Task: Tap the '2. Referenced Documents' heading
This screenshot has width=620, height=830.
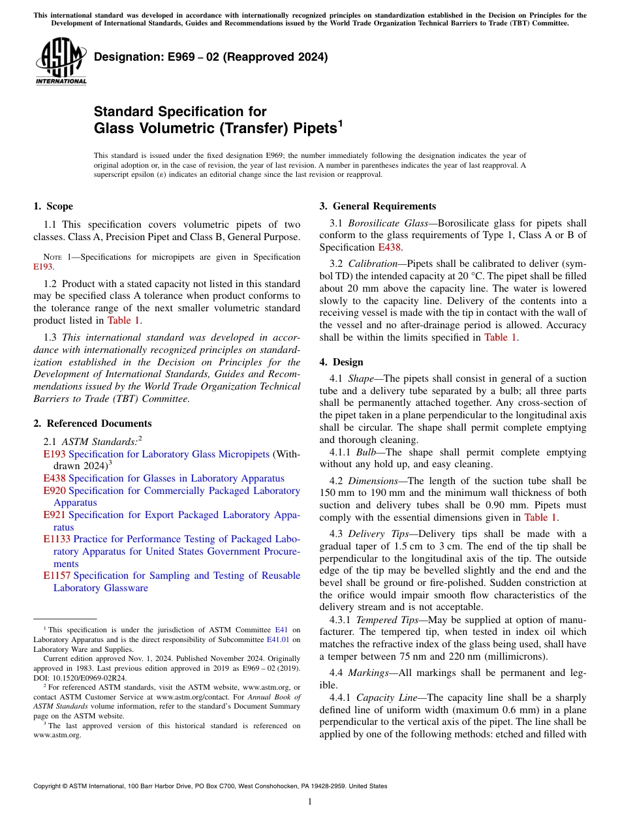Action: coord(93,423)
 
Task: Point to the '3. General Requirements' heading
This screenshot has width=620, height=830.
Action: coord(377,206)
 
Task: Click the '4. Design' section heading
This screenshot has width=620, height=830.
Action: coord(341,362)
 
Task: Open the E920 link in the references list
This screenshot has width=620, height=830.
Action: coord(54,491)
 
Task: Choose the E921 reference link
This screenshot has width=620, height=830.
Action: coord(54,515)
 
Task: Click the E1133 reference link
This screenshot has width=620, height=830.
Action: coord(57,539)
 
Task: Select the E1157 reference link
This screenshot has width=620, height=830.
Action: coord(57,576)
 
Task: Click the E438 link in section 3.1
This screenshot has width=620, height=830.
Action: coord(390,247)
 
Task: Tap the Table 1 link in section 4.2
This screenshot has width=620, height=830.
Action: coord(540,517)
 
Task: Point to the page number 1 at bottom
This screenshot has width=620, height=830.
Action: coord(309,801)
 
